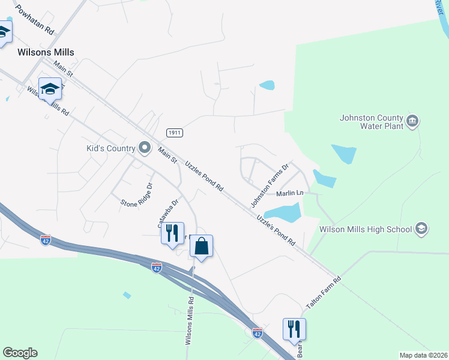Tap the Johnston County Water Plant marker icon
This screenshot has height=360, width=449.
(x=412, y=121)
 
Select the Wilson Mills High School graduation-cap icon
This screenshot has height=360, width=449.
(x=421, y=229)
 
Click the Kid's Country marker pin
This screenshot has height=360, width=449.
(x=144, y=147)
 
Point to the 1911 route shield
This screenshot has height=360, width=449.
(x=175, y=132)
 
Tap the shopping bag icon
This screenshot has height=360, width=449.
(x=202, y=246)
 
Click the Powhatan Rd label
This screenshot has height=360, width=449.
(x=35, y=19)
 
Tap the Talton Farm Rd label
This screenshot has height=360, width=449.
(x=324, y=293)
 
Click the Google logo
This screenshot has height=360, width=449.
(x=20, y=353)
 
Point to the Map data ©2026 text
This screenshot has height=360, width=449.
(x=423, y=355)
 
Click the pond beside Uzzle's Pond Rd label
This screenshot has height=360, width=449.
(x=282, y=212)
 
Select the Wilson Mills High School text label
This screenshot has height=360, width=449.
(x=366, y=229)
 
